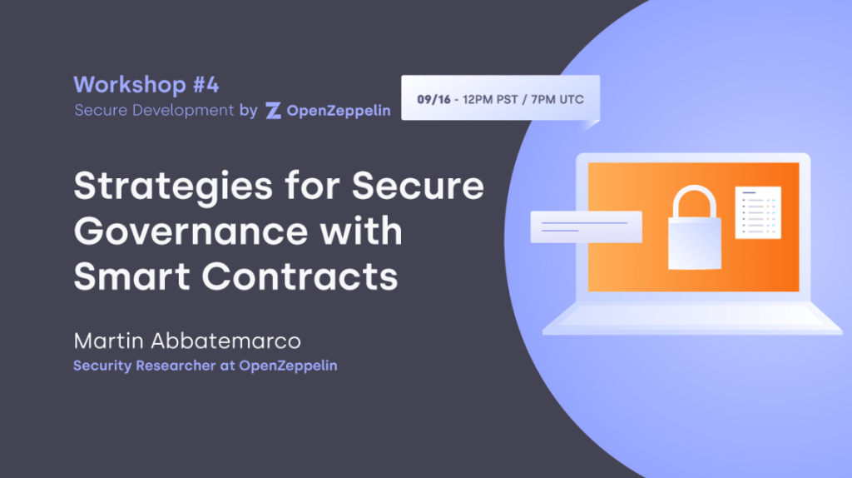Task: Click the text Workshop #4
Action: (146, 85)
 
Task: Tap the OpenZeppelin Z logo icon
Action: (273, 111)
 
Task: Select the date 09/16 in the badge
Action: (432, 100)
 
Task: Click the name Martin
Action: (108, 341)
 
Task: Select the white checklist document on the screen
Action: (757, 212)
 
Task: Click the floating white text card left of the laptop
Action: (586, 227)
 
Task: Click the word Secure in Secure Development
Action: (100, 111)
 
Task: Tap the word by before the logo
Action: (248, 111)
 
